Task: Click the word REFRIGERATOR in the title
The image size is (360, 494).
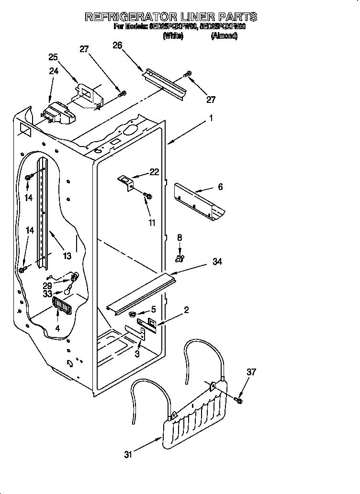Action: coord(132,17)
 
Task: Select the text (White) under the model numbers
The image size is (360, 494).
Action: coord(173,36)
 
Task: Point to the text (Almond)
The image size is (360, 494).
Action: coord(224,36)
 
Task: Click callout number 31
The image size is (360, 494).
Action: coord(128,455)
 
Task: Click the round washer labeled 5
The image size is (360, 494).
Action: coord(131,314)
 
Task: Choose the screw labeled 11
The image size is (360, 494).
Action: coord(147,195)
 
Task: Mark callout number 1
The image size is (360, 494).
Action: coord(210,117)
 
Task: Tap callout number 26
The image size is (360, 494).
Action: coord(117,45)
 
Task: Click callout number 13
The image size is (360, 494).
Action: coord(67,256)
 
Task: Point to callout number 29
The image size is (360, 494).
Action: coord(47,285)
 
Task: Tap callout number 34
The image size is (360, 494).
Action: coord(217,261)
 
